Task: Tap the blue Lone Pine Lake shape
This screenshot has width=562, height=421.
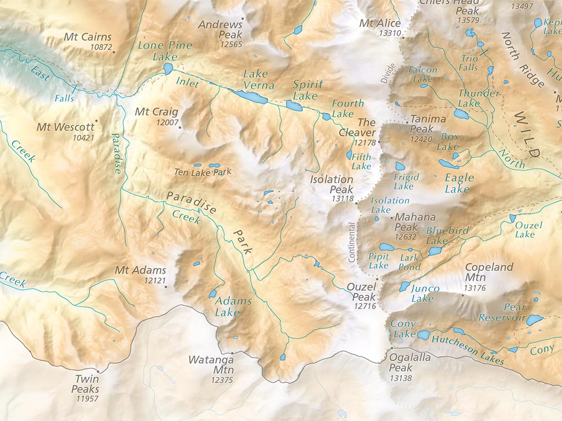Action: click(168, 69)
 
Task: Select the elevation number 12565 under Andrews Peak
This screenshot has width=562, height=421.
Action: click(231, 44)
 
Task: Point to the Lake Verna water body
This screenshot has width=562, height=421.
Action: click(250, 98)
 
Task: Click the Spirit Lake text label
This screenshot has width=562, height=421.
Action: click(307, 90)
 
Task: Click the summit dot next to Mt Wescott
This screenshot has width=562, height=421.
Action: click(97, 121)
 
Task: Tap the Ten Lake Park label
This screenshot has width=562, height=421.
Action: click(203, 172)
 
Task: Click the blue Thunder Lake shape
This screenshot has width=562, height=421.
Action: click(461, 114)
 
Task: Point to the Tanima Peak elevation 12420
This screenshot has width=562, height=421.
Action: click(421, 139)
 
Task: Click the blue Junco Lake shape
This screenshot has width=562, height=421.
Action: click(404, 286)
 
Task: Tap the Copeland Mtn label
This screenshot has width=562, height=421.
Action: click(488, 268)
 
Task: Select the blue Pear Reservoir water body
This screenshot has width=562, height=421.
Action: click(534, 320)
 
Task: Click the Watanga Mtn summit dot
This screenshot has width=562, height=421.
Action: click(232, 353)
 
